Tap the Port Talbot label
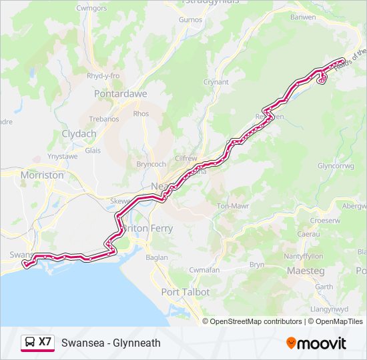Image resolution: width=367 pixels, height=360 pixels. click(x=186, y=292)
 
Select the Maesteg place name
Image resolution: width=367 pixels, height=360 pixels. click(x=305, y=271)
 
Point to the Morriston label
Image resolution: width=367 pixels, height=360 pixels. click(x=42, y=175)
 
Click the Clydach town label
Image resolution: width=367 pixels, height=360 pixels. click(x=79, y=133)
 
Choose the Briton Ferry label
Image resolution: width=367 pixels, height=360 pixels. click(x=148, y=228)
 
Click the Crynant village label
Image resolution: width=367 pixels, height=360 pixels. click(x=216, y=82)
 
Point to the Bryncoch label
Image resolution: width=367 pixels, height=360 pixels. click(x=150, y=163)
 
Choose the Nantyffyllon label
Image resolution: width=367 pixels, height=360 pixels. click(x=305, y=256)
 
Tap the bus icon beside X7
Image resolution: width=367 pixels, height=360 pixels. click(x=30, y=343)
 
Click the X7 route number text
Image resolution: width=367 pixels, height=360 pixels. click(x=45, y=342)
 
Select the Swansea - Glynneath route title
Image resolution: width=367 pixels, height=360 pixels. click(x=111, y=343)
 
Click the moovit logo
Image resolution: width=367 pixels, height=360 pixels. click(x=316, y=343)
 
